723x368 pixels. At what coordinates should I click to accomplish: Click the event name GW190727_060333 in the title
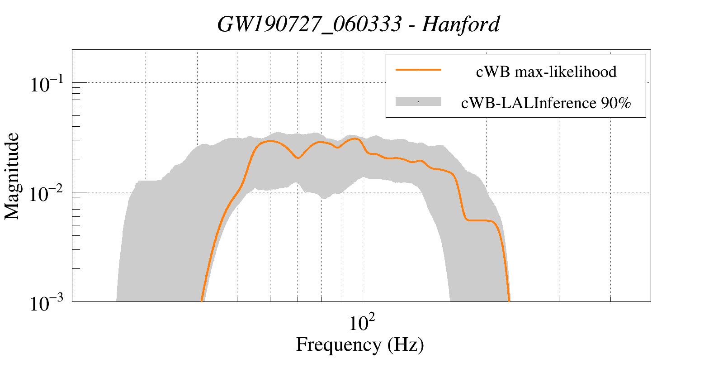pos(309,24)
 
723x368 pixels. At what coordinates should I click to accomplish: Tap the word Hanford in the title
pos(461,24)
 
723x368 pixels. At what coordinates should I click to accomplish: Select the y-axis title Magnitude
pos(12,176)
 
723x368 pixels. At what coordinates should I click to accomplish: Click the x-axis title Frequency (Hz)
pos(360,344)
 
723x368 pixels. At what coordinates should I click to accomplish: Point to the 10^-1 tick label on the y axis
pos(48,84)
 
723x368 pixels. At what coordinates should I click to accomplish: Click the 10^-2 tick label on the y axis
pos(48,194)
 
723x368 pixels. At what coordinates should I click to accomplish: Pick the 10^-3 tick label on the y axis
pos(48,303)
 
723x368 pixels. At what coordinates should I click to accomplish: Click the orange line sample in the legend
pos(418,70)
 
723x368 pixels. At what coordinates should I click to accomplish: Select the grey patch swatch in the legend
pos(418,102)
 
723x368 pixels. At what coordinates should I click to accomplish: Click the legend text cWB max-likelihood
pos(546,72)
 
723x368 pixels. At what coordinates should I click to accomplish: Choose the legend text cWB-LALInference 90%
pos(546,103)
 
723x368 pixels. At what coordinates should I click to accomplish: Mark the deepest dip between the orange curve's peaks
pos(297,158)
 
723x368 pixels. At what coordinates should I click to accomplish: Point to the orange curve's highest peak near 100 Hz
pos(356,139)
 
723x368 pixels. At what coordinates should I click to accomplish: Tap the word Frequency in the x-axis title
pos(339,344)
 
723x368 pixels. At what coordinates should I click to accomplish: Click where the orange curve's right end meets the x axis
pos(509,301)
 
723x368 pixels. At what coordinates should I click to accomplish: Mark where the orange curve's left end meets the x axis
pos(202,301)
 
